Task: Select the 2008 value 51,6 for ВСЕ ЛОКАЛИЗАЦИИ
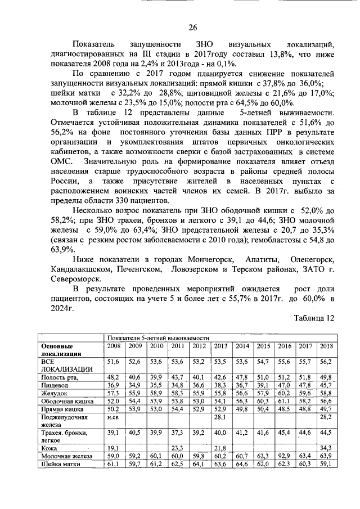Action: point(114,361)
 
